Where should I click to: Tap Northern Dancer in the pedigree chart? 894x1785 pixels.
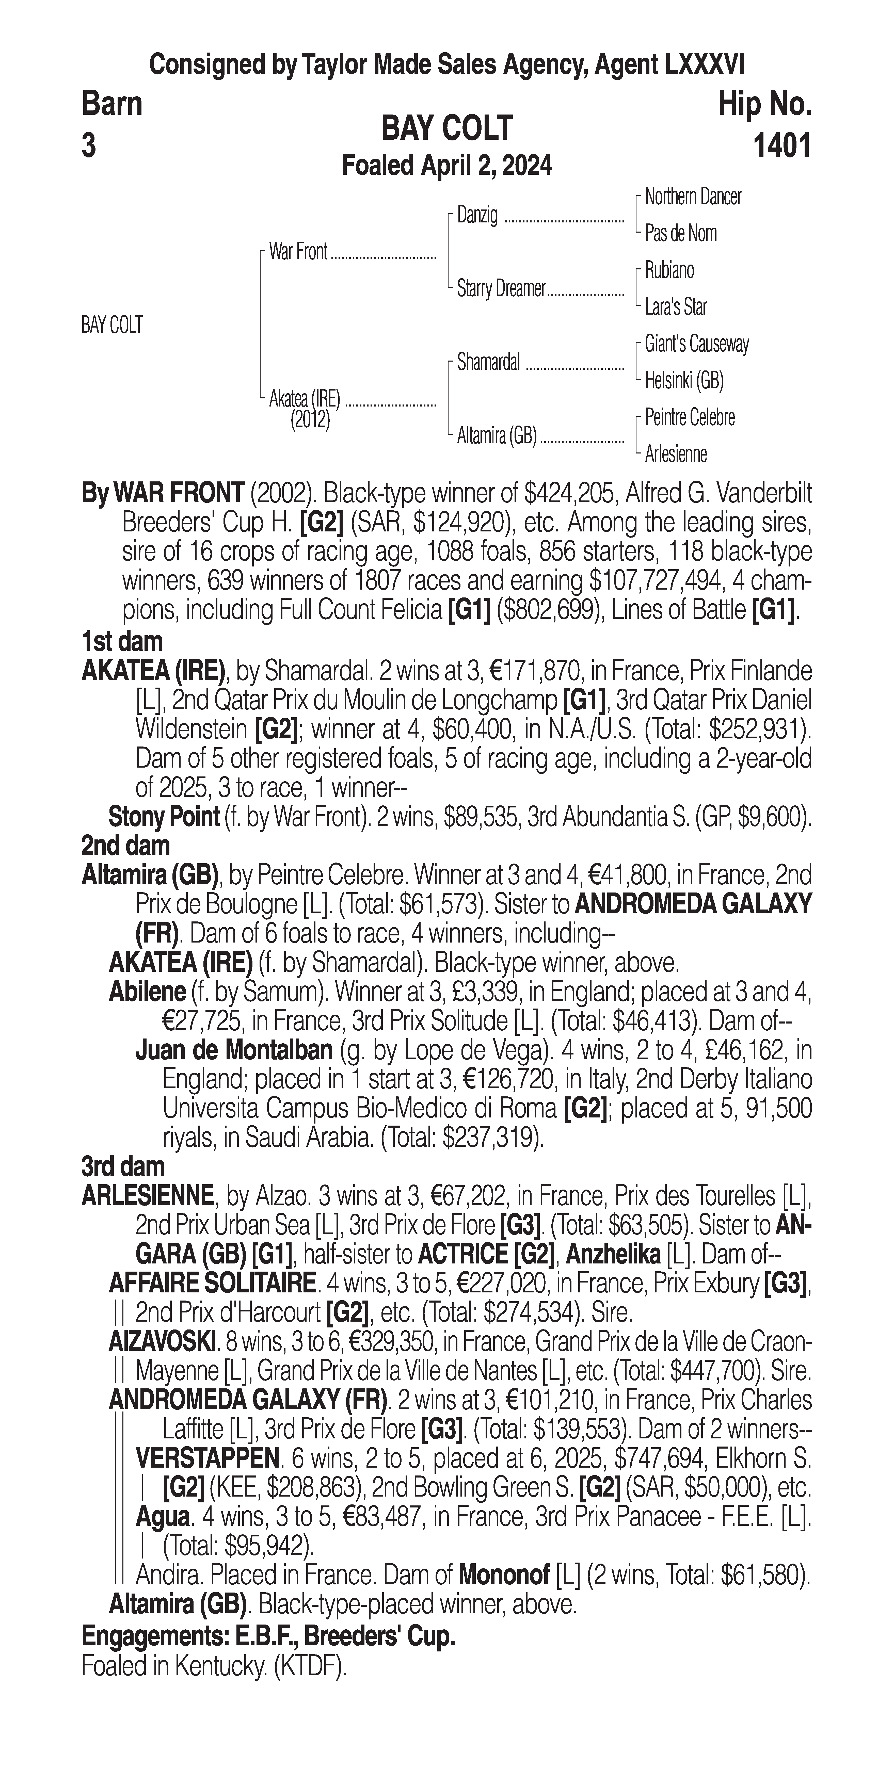click(x=692, y=197)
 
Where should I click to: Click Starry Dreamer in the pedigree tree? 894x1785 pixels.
click(x=501, y=289)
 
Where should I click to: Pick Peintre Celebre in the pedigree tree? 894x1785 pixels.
click(x=690, y=418)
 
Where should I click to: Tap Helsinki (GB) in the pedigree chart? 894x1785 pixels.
click(x=684, y=380)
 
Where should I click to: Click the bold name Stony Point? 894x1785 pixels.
click(x=164, y=818)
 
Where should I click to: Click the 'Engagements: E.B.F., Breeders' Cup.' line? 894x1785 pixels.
click(x=268, y=1637)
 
